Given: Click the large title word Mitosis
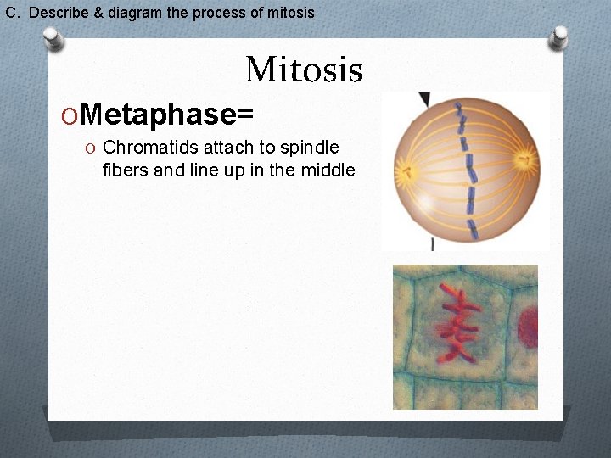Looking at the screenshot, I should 303,70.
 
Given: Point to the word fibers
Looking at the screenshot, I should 124,170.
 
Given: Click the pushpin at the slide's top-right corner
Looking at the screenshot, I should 559,36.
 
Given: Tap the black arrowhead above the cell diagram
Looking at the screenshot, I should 424,99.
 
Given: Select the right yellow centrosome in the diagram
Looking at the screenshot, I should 526,159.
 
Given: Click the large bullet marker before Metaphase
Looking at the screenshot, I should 73,114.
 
